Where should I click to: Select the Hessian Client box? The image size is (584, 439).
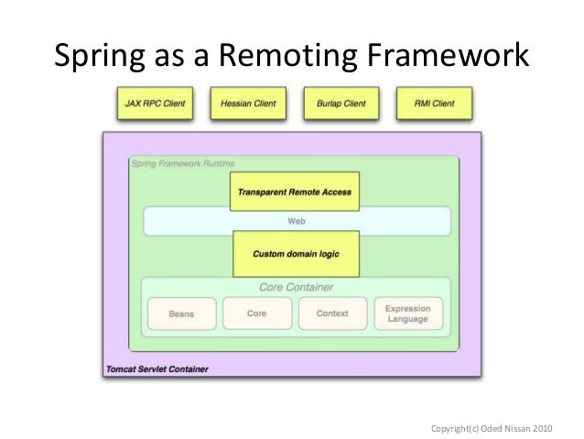pos(248,104)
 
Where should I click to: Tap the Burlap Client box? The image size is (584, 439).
pos(341,104)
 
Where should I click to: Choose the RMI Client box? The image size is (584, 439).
pos(433,104)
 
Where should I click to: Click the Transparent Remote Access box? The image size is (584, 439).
pos(294,192)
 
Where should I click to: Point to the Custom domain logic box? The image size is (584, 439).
pos(294,252)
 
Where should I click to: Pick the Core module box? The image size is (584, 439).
pos(256,313)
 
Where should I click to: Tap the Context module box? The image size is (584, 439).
pos(332,313)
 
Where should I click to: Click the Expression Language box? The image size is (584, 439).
pos(407,313)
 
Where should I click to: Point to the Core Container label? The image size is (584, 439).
pos(295,287)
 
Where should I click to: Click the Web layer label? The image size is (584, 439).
pos(296,221)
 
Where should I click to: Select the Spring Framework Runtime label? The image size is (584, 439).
pos(181,163)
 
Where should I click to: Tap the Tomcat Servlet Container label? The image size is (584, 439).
pos(156,369)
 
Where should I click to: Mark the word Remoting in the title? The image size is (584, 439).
pos(288,57)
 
